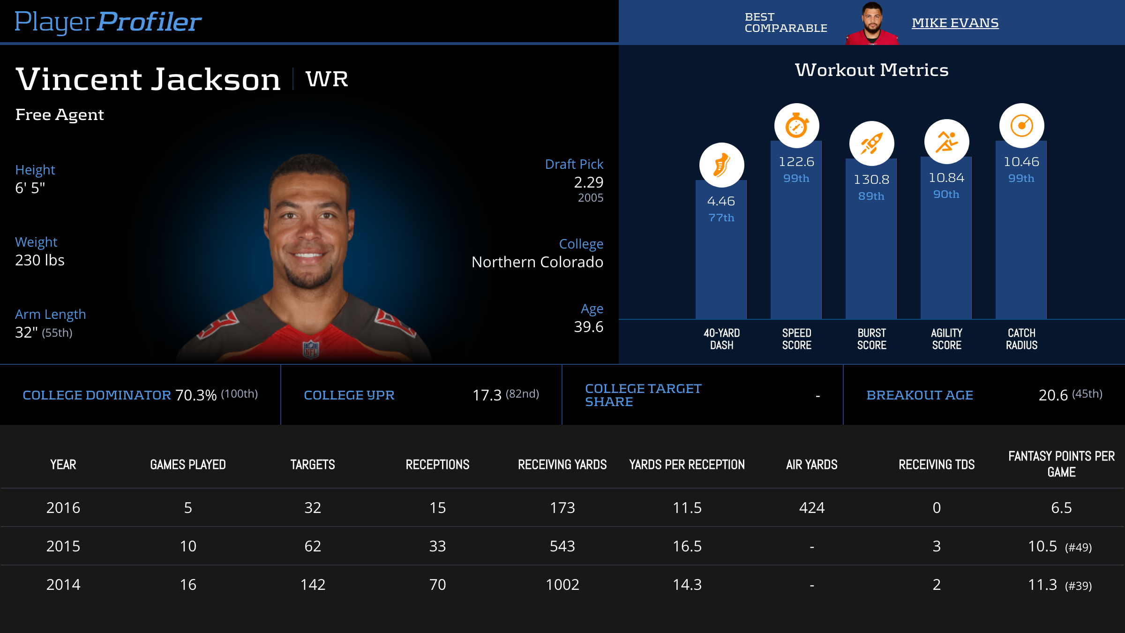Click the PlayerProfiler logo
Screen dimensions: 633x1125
108,22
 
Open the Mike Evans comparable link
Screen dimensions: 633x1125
955,23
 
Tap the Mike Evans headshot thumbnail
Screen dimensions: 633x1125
872,23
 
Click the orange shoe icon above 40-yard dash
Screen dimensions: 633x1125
721,165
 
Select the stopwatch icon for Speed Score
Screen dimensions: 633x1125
796,126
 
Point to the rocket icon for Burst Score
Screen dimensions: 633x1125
871,143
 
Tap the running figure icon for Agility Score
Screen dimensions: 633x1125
946,142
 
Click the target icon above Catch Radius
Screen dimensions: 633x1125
1021,126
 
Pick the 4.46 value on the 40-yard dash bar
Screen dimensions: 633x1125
721,201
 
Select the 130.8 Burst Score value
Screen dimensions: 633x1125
871,180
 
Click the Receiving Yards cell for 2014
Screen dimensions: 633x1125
562,585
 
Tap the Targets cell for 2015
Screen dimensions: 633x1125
313,546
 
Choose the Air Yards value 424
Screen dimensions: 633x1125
811,508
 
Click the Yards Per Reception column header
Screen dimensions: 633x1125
687,465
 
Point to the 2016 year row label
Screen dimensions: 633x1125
63,508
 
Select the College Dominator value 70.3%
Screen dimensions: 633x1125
196,395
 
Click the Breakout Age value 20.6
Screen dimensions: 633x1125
1053,395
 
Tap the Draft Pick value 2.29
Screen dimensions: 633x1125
588,182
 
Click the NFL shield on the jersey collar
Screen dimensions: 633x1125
311,349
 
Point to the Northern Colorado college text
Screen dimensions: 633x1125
537,262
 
